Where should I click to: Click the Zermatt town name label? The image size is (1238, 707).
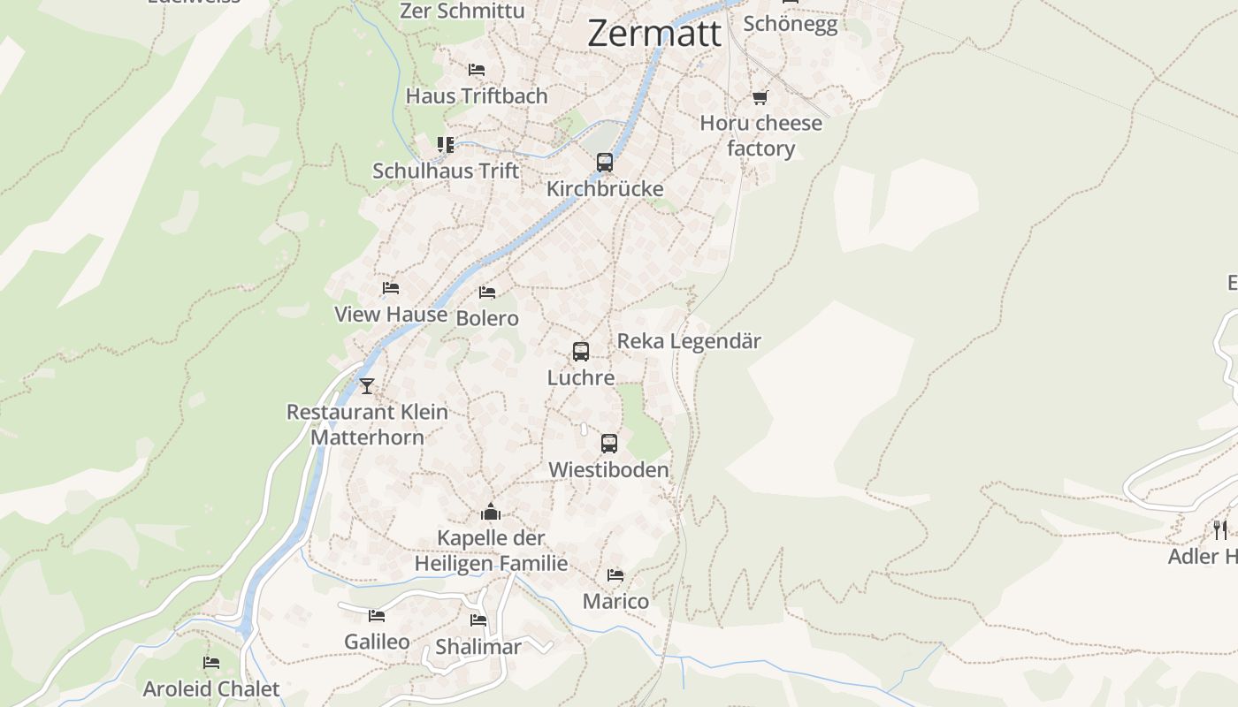tap(654, 34)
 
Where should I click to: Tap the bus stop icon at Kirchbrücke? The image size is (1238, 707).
tap(605, 163)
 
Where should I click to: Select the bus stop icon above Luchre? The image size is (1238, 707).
tap(581, 352)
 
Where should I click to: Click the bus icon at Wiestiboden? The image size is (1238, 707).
tap(609, 444)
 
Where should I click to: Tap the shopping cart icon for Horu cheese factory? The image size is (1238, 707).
tap(760, 97)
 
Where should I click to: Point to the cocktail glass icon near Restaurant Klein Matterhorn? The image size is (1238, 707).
tap(367, 386)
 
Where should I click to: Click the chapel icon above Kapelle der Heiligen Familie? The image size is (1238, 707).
tap(491, 512)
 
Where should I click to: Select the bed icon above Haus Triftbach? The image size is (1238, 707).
tap(477, 70)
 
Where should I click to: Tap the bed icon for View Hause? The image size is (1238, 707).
tap(391, 288)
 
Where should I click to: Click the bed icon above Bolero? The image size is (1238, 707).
tap(487, 293)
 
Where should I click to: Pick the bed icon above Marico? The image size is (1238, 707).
tap(615, 575)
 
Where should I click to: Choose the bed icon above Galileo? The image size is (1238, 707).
tap(377, 616)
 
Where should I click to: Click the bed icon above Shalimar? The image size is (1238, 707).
tap(478, 620)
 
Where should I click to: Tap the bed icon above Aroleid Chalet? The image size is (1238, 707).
tap(210, 663)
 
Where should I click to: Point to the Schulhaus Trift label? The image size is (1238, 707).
tap(446, 171)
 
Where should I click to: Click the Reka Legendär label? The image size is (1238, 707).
tap(689, 341)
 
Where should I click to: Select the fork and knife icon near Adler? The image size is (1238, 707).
tap(1220, 529)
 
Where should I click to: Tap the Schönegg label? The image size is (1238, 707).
tap(790, 24)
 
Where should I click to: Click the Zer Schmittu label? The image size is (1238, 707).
tap(462, 11)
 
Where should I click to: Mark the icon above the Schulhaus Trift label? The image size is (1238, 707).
tap(446, 144)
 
